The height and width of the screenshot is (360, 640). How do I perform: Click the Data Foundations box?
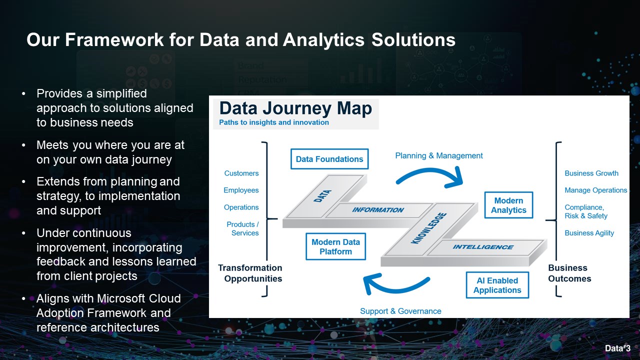point(329,159)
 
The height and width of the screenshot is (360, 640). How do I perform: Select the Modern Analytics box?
point(508,205)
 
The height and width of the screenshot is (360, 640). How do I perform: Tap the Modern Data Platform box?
point(335,246)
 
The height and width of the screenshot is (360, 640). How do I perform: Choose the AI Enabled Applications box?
point(497,285)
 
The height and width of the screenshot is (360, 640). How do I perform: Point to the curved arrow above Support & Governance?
point(395,285)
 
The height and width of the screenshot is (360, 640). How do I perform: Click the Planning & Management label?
point(439,155)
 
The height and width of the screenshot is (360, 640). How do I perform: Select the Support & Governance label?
point(400,311)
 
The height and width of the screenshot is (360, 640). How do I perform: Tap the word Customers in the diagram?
point(241,173)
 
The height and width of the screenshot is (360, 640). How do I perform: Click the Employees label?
point(241,190)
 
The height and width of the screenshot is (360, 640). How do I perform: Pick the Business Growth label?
point(591,173)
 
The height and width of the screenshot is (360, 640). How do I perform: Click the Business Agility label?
point(589,233)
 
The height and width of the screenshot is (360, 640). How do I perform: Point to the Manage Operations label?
point(595,190)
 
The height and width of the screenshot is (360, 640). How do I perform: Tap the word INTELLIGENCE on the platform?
point(483,247)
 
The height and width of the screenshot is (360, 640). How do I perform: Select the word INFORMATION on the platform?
point(378,210)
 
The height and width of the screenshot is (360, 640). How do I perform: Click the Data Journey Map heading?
point(295,109)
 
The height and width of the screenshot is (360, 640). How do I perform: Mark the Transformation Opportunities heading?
point(250,273)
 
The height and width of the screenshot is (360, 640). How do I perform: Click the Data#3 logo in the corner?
point(617,348)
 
